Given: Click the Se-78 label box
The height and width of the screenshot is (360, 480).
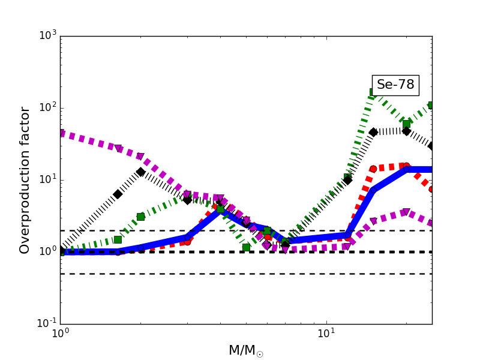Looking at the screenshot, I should (395, 85).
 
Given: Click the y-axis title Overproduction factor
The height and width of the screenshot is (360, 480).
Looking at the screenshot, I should (25, 180).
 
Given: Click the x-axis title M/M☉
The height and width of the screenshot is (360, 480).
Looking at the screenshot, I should (245, 350).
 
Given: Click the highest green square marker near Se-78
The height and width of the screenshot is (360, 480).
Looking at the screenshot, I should (374, 92).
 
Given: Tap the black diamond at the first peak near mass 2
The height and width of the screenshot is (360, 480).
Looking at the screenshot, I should (140, 172).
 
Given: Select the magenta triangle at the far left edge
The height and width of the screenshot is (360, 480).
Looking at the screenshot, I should (61, 133).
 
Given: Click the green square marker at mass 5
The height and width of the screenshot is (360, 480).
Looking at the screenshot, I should (246, 247).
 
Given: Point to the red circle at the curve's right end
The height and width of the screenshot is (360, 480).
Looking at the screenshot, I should (431, 189).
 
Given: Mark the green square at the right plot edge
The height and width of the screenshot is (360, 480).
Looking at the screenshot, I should (431, 105).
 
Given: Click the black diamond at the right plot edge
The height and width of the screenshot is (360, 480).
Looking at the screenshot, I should (431, 146).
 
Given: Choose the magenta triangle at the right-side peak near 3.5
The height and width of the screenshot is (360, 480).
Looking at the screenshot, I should (406, 212).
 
